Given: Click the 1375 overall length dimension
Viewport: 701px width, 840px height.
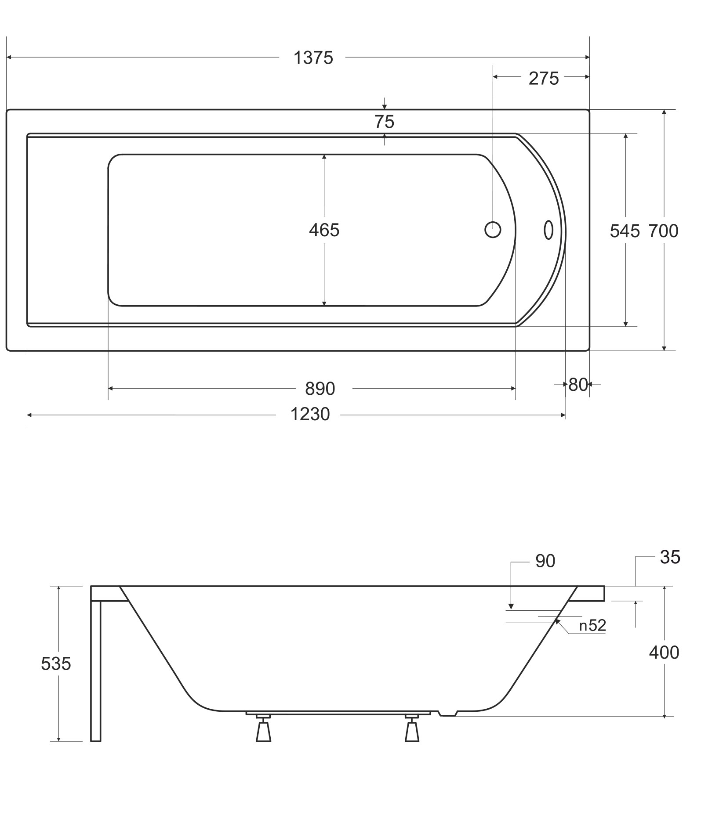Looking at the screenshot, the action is (313, 58).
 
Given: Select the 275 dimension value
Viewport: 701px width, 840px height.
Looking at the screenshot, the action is (544, 79).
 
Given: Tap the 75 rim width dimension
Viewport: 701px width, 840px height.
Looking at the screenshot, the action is (385, 122).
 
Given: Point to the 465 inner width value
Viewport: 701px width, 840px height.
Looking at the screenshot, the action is (324, 230).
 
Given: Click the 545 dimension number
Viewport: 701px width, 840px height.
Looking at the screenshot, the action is (625, 231).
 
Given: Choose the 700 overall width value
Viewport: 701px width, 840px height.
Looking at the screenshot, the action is (664, 231).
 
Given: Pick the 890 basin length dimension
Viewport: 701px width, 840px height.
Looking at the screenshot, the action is (320, 389).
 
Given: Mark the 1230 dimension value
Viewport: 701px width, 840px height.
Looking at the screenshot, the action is (310, 414).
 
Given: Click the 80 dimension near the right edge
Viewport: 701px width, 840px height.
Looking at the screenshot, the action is (578, 385).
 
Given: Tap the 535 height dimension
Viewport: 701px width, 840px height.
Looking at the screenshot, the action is (56, 664).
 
